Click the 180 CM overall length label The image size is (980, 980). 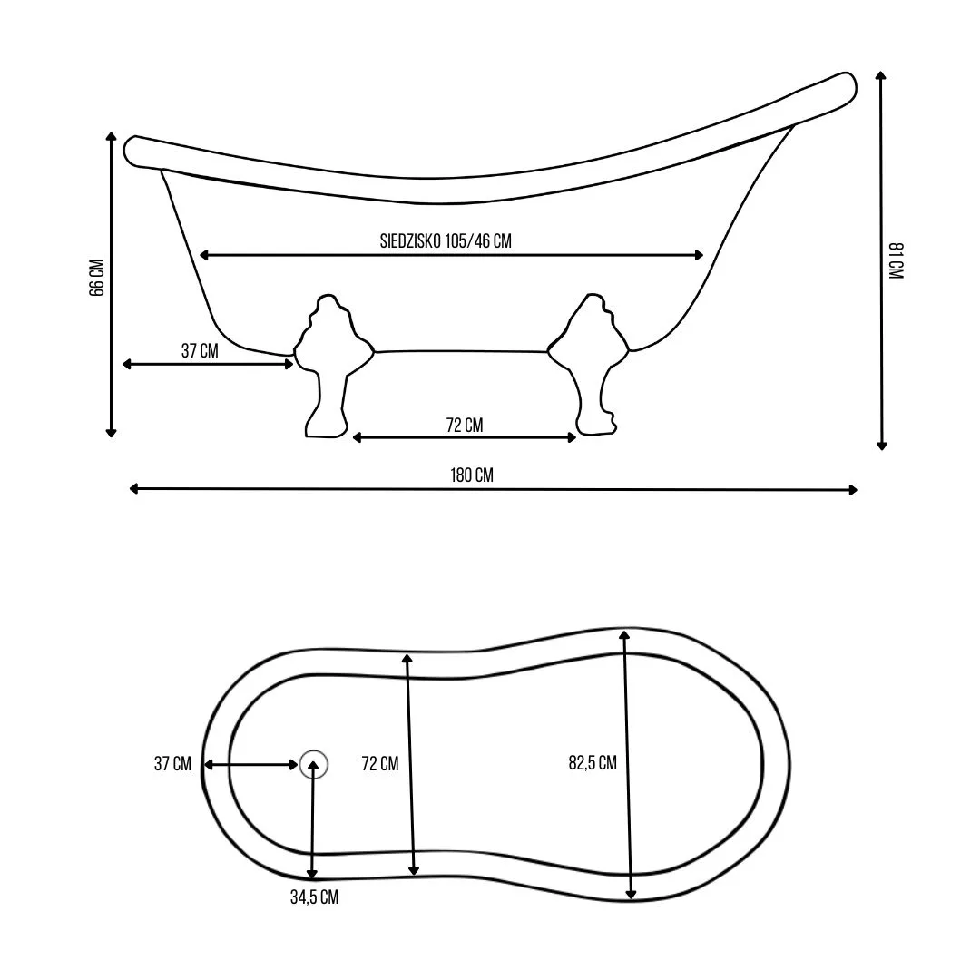pos(472,475)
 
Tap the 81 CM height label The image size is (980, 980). pos(896,260)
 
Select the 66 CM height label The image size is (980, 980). pos(97,278)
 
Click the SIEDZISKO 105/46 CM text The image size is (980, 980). pos(446,240)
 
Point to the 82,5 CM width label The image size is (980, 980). pos(593,762)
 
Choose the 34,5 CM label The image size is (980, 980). pos(314,897)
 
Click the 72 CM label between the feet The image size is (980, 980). pos(465,425)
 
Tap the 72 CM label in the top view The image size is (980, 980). pos(380,763)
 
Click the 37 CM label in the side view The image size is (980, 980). pos(200,350)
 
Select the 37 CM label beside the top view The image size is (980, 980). pos(172,763)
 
